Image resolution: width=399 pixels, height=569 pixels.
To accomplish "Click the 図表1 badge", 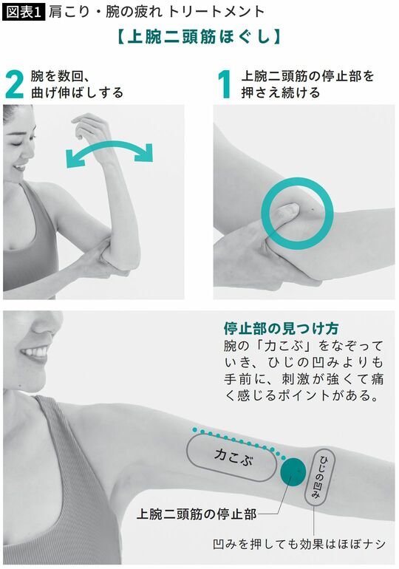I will (x=22, y=12).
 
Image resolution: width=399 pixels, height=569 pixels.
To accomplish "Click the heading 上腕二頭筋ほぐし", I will (x=199, y=37).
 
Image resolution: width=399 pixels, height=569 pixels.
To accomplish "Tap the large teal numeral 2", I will (x=15, y=84).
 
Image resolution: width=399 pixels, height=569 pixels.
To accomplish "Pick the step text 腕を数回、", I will (x=61, y=76).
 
